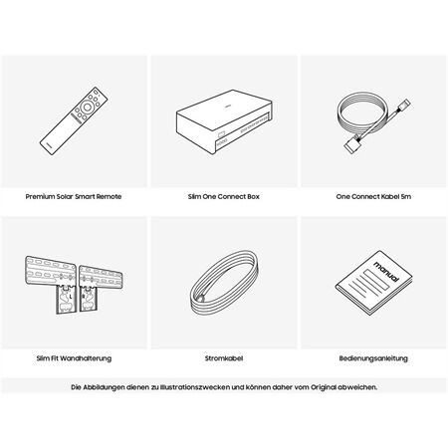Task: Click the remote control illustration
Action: click(x=74, y=120)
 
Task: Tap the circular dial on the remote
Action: click(x=87, y=107)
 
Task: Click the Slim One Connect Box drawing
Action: click(x=224, y=121)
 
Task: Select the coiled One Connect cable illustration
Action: click(x=373, y=121)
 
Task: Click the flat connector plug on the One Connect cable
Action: click(x=351, y=145)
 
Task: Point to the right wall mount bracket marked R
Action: click(x=101, y=287)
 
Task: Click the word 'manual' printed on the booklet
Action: click(x=386, y=271)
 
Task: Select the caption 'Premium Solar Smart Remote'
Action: click(x=74, y=196)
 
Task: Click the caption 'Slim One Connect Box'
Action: click(x=224, y=196)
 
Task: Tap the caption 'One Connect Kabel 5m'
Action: click(x=373, y=196)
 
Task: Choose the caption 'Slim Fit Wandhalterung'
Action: click(x=74, y=358)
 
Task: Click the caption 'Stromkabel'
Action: click(x=224, y=358)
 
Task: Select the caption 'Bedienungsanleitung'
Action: click(x=373, y=358)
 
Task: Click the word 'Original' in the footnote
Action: click(x=324, y=387)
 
